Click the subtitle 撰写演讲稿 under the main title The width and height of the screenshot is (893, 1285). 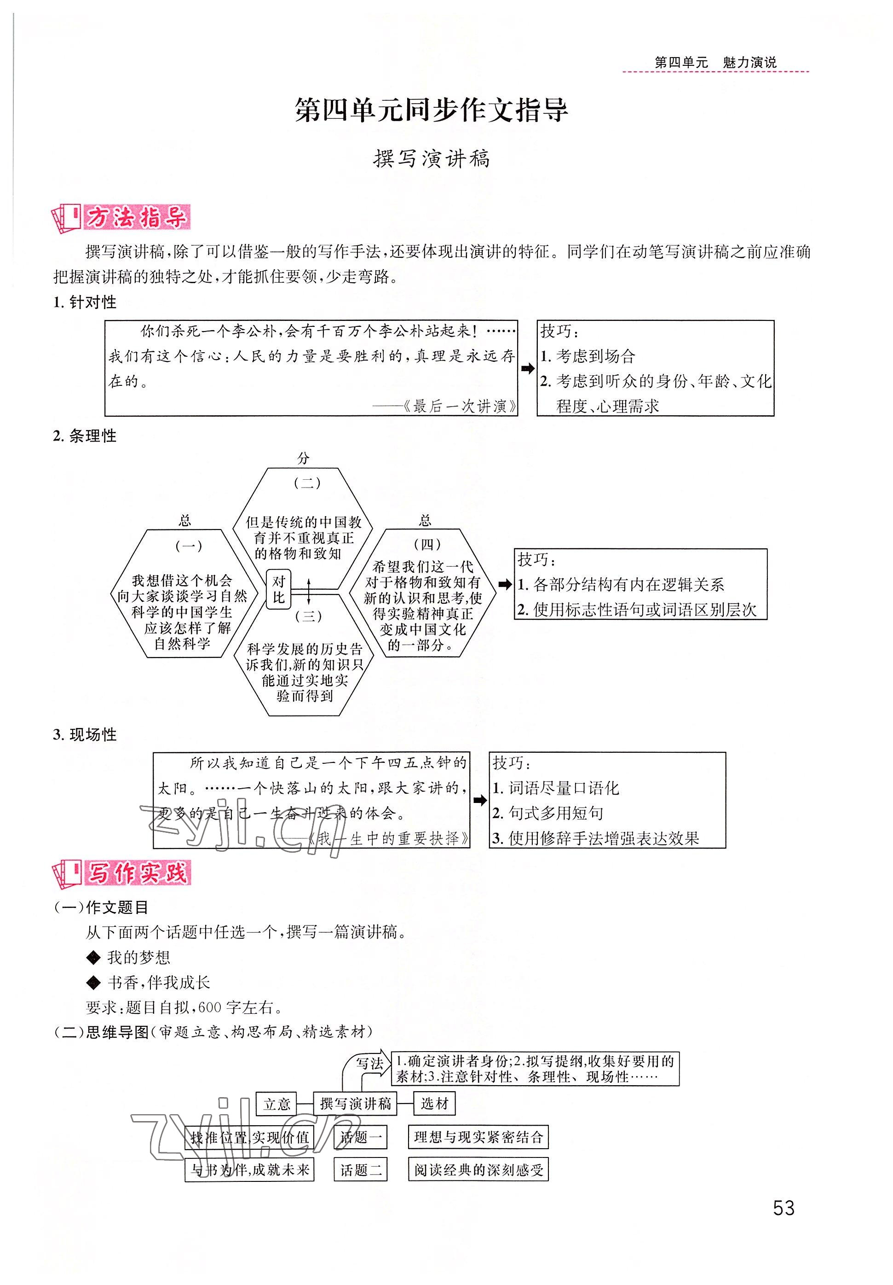click(x=431, y=159)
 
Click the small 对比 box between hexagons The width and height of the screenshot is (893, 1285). click(x=278, y=589)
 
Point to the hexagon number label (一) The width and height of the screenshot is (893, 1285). click(x=189, y=546)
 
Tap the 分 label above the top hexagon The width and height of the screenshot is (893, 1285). click(x=303, y=459)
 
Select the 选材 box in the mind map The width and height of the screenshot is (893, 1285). click(x=434, y=1103)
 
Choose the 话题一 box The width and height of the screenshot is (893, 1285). click(x=361, y=1137)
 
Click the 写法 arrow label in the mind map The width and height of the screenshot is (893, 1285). click(x=369, y=1064)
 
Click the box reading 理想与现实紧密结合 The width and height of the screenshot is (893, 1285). click(x=478, y=1137)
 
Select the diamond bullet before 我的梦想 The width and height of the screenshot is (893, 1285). click(x=93, y=958)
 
